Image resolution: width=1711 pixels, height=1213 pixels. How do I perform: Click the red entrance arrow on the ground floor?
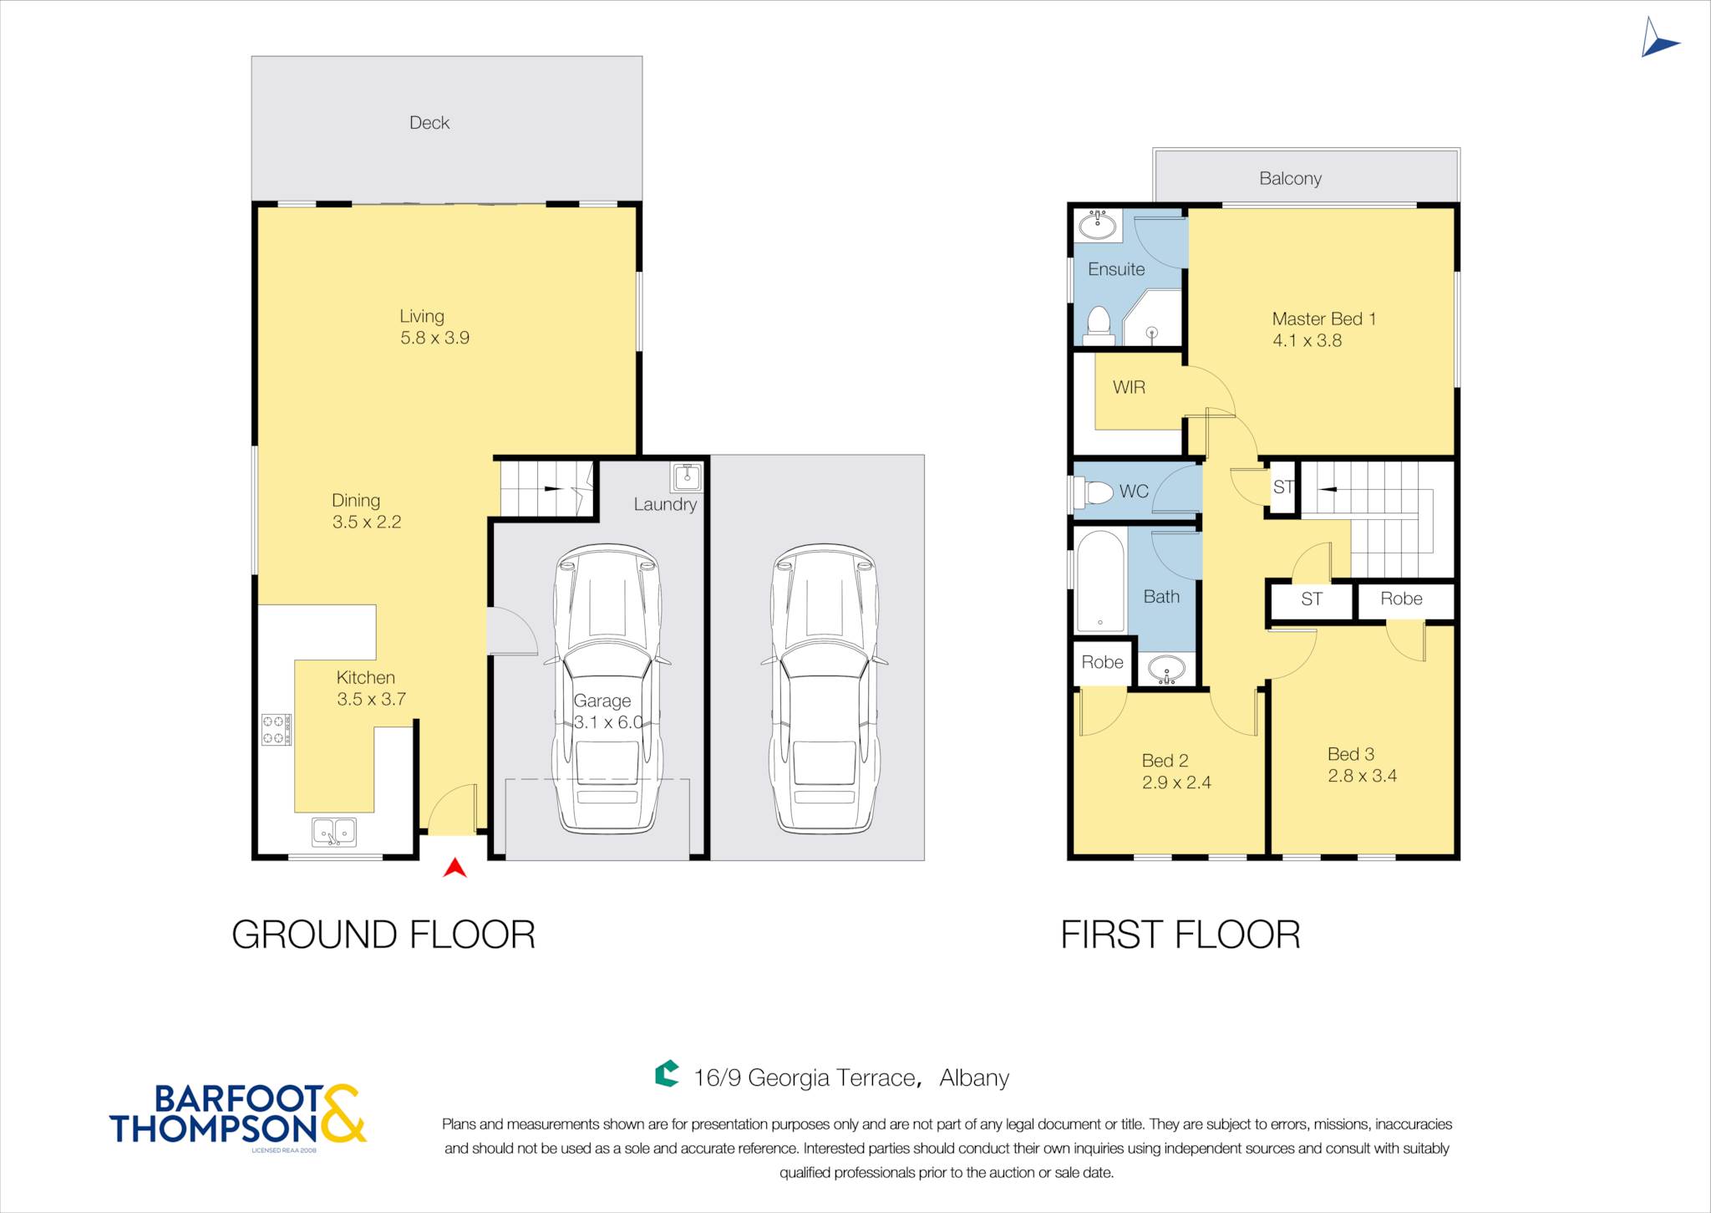(454, 869)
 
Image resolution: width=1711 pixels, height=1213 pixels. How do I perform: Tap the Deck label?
(429, 123)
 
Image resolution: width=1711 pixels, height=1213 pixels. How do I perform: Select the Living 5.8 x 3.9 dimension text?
(434, 338)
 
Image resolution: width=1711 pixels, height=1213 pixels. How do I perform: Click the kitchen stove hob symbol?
(277, 729)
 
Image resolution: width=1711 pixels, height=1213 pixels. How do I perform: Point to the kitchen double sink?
(334, 832)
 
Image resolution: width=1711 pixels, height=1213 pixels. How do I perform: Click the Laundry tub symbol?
(687, 477)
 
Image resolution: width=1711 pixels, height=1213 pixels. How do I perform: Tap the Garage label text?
(602, 701)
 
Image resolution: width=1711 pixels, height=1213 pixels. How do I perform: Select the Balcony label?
(1291, 178)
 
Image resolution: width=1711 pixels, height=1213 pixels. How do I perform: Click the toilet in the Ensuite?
(1099, 326)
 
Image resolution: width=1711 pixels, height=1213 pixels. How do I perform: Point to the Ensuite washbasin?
(1098, 225)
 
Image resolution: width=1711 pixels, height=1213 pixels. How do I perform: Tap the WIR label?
(1129, 387)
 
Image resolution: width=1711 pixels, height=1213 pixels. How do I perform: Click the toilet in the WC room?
(1094, 492)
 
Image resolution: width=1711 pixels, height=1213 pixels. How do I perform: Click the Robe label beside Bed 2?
(1103, 662)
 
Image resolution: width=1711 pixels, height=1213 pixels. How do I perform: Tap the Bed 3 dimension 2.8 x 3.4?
(1363, 776)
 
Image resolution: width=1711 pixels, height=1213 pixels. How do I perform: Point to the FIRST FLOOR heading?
(1180, 935)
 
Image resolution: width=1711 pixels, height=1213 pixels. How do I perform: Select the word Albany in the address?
(974, 1078)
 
